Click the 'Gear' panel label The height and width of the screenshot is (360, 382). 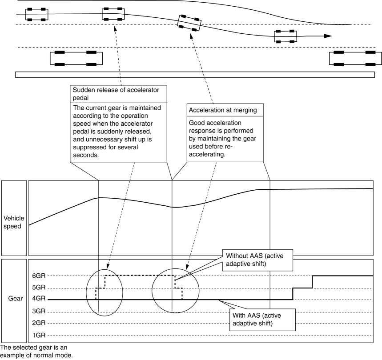pos(14,299)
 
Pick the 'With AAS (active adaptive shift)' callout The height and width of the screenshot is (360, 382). pos(262,319)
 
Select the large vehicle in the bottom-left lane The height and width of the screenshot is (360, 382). pos(76,58)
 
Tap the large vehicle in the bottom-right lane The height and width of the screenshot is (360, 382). pos(355,58)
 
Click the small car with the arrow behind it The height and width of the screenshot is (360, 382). pos(285,36)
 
